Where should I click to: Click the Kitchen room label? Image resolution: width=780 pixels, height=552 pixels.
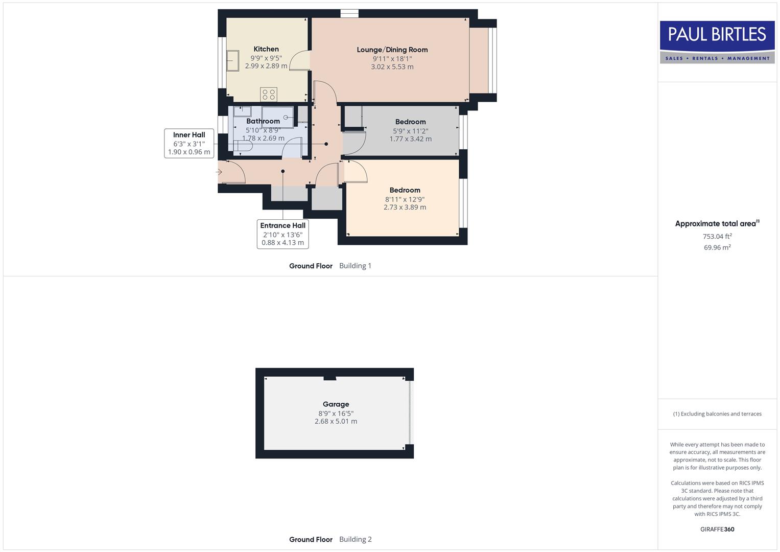tap(266, 49)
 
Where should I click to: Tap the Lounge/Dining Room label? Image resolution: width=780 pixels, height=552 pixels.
tap(392, 50)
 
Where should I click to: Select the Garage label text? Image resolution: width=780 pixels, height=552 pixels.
tap(336, 404)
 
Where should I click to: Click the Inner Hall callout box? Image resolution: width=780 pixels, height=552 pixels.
tap(189, 144)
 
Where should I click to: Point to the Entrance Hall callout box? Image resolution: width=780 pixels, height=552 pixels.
tap(282, 234)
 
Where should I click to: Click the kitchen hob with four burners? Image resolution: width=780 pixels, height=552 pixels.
tap(269, 95)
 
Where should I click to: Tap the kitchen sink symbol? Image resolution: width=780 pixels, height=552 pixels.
tap(232, 61)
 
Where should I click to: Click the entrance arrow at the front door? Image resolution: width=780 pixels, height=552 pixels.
tap(219, 172)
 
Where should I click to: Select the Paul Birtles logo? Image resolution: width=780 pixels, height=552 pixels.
tap(717, 42)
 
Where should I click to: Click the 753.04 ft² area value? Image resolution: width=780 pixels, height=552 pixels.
tap(717, 236)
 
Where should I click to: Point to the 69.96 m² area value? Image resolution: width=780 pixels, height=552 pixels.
tap(717, 247)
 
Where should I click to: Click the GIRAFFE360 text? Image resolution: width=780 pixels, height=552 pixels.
tap(717, 530)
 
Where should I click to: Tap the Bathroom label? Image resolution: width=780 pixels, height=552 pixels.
tap(263, 121)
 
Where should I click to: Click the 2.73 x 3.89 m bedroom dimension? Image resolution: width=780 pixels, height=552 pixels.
tap(405, 207)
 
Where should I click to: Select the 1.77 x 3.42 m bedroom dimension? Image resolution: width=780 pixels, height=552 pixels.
tap(410, 139)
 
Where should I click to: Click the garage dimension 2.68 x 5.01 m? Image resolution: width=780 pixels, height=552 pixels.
tap(336, 422)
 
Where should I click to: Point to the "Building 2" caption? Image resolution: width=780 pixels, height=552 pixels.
tap(356, 539)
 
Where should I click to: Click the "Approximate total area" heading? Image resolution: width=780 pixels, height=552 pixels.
tap(715, 224)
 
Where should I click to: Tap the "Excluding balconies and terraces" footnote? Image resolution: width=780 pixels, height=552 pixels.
tap(717, 414)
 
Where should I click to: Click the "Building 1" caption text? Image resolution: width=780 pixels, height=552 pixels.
tap(356, 266)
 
